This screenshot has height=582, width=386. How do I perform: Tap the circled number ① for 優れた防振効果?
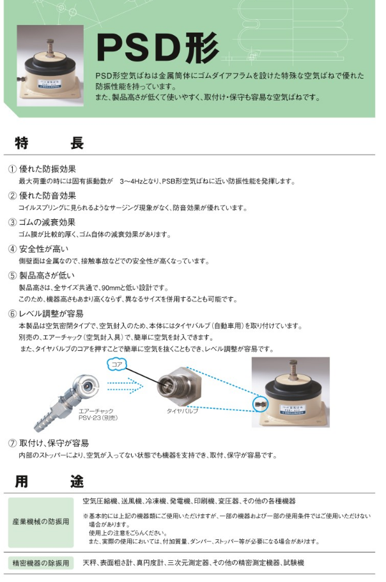click(12, 169)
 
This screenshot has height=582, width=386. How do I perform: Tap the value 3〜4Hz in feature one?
click(133, 181)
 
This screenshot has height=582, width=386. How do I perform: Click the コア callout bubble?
click(116, 364)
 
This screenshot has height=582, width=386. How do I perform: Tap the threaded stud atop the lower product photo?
click(293, 367)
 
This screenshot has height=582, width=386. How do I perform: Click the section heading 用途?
click(49, 481)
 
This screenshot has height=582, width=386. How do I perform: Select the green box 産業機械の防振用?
click(41, 521)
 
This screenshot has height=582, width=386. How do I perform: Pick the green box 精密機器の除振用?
click(41, 563)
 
